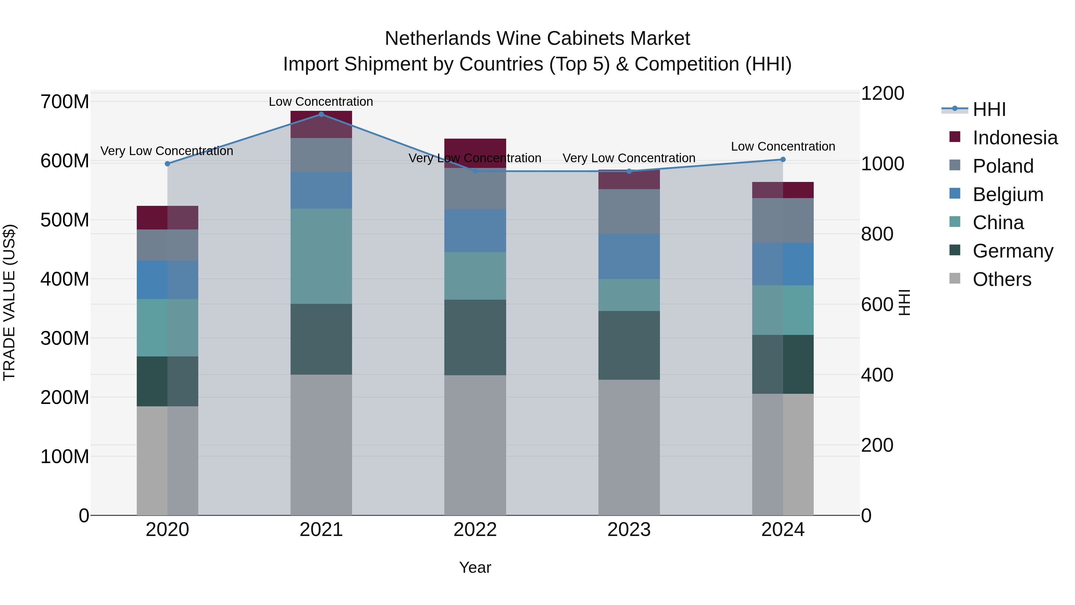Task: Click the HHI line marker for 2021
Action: point(321,114)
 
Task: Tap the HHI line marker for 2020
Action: point(167,164)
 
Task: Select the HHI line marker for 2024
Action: point(783,160)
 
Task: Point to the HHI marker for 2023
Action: point(629,171)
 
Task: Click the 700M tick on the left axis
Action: point(65,102)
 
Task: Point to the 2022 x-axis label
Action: point(475,530)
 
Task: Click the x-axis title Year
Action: point(475,567)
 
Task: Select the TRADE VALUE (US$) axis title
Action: point(9,302)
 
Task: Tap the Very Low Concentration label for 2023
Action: point(629,158)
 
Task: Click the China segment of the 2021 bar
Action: point(321,256)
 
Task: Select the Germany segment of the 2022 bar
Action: point(475,337)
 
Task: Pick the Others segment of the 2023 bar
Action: point(629,447)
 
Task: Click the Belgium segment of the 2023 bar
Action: point(629,256)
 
